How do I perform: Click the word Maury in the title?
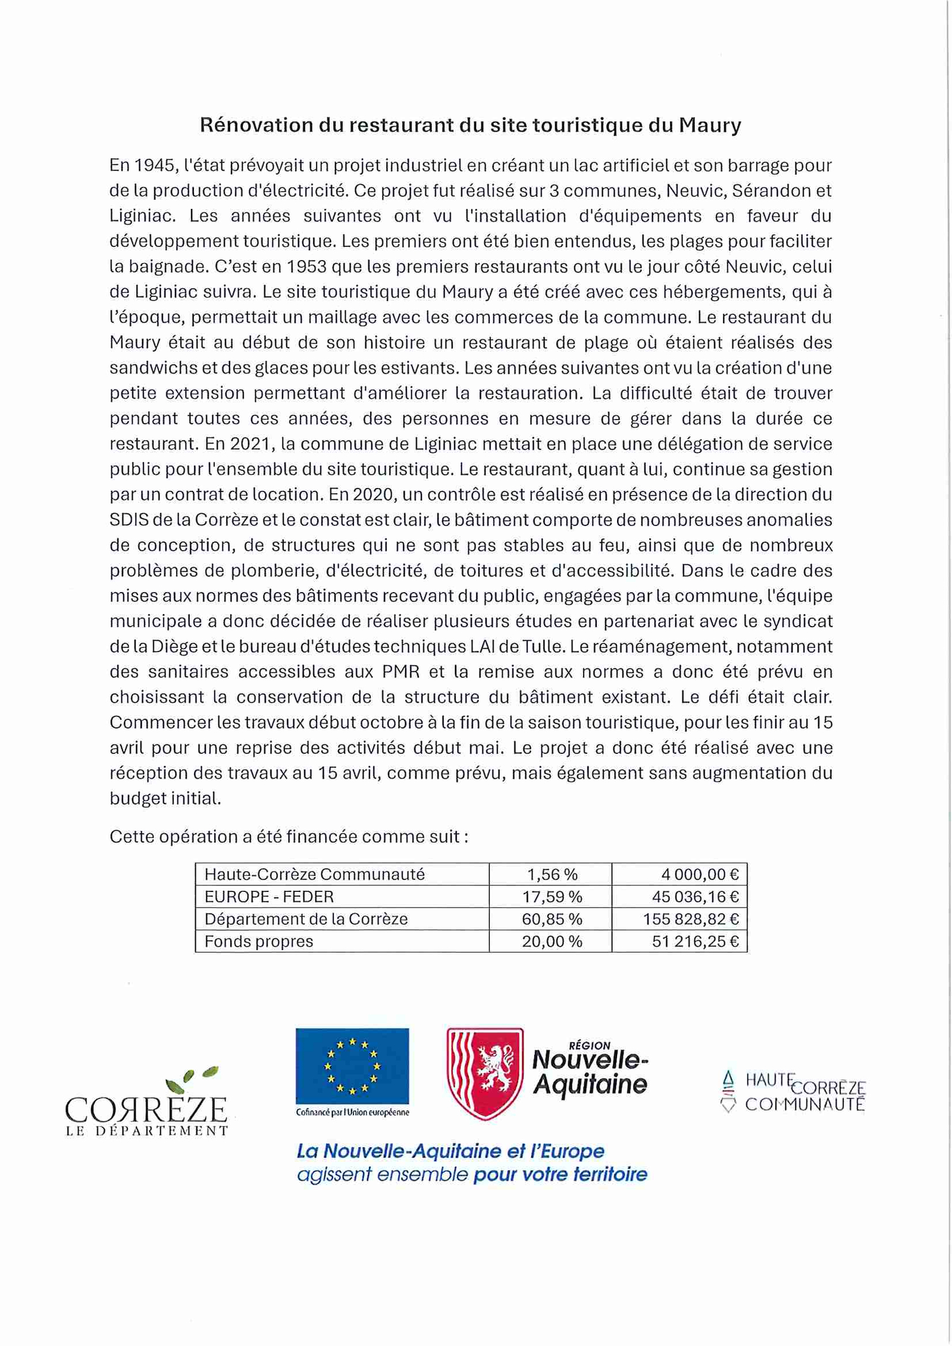coord(709,126)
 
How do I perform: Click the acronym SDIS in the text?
coord(129,520)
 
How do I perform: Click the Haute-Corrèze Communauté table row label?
coord(314,874)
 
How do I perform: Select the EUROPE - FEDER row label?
coord(269,897)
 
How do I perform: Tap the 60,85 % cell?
coord(552,919)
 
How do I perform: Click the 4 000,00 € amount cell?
coord(699,874)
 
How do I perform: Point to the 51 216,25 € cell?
coord(695,941)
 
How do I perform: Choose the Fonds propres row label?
coord(259,941)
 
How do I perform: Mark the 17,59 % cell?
coord(552,897)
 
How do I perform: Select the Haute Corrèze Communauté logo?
coord(793,1091)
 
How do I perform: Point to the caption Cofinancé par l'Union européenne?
coord(352,1112)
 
